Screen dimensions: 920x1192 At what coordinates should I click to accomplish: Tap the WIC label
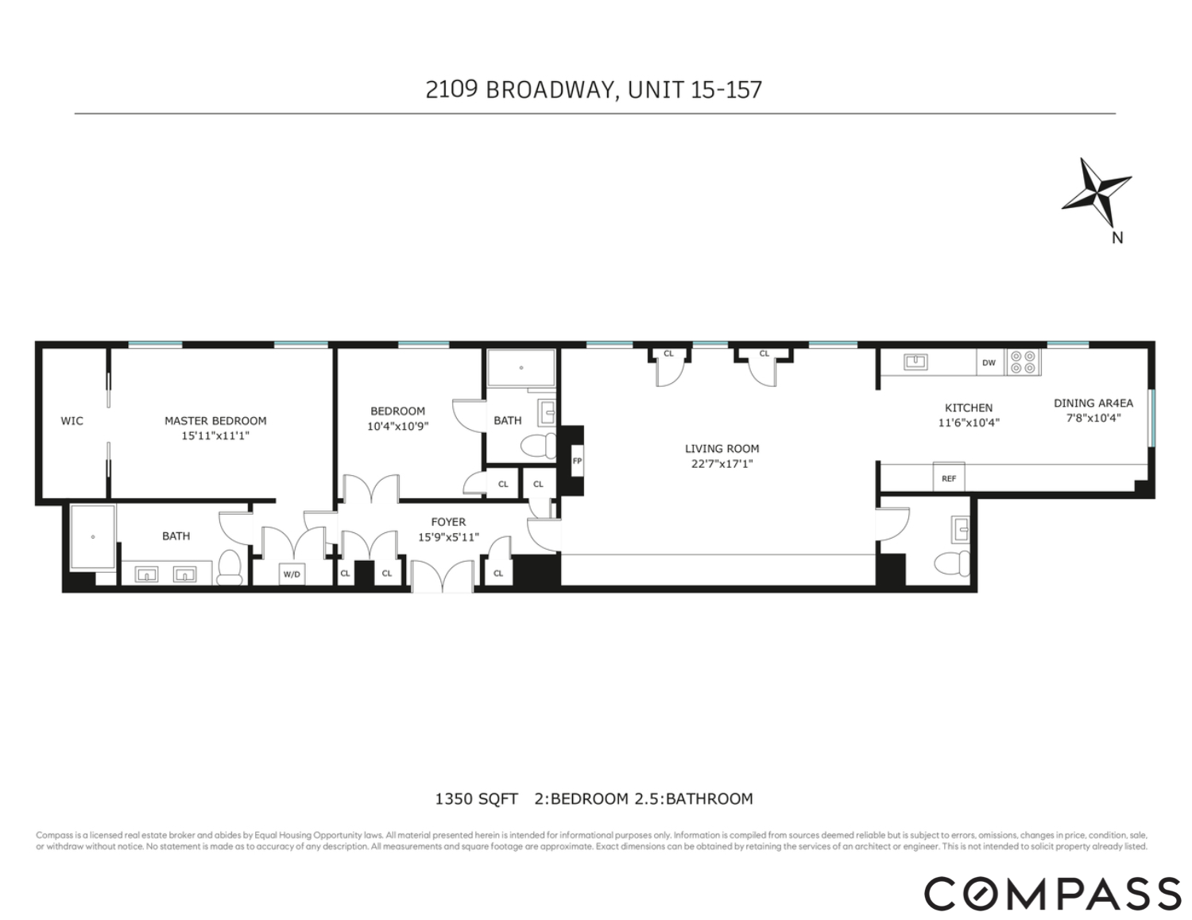coord(72,421)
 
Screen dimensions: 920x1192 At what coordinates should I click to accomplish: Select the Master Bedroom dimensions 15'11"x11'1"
coord(215,435)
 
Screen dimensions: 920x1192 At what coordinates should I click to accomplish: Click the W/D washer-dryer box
coord(292,574)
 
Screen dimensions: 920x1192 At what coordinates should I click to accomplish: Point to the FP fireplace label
coord(577,461)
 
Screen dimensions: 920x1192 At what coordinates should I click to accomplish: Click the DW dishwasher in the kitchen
coord(989,363)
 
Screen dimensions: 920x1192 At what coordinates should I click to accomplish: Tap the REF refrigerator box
coord(949,478)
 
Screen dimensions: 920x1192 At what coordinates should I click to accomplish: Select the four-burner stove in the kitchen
coord(1024,363)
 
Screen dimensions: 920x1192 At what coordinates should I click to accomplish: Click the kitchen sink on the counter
coord(916,362)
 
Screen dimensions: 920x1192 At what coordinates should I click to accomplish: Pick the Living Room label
coord(722,449)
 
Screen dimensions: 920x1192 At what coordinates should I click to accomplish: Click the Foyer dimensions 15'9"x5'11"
coord(448,537)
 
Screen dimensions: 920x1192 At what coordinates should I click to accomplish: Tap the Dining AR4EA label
coord(1093,403)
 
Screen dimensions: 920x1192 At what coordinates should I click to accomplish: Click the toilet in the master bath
coord(230,566)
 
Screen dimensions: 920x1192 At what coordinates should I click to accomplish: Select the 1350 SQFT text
coord(476,799)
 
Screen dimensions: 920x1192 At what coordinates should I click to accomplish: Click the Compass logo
coord(1052,893)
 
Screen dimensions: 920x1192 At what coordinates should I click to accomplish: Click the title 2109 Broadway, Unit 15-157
coord(594,89)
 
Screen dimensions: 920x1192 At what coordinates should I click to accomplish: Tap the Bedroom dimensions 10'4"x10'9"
coord(397,426)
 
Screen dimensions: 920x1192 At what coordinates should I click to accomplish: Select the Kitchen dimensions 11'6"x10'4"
coord(968,423)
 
